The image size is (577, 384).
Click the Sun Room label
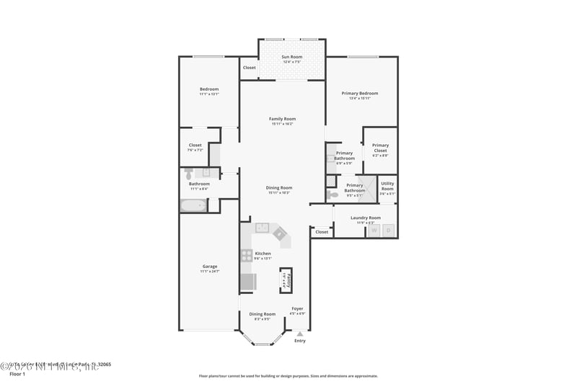click(x=291, y=56)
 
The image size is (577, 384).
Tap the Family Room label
click(x=282, y=119)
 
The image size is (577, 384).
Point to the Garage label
click(x=209, y=267)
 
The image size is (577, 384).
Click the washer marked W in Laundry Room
click(x=374, y=231)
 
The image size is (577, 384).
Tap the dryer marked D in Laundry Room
click(x=388, y=231)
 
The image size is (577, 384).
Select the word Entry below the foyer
click(x=300, y=341)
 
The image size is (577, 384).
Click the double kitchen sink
click(x=262, y=229)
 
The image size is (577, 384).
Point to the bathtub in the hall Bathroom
click(x=193, y=206)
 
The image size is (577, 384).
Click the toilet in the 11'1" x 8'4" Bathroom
click(x=189, y=174)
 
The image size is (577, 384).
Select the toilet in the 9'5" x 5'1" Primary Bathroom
click(x=332, y=195)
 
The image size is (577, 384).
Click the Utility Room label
click(x=387, y=186)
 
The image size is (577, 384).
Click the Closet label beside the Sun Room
click(x=249, y=68)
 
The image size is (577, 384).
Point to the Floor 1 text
click(x=17, y=375)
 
